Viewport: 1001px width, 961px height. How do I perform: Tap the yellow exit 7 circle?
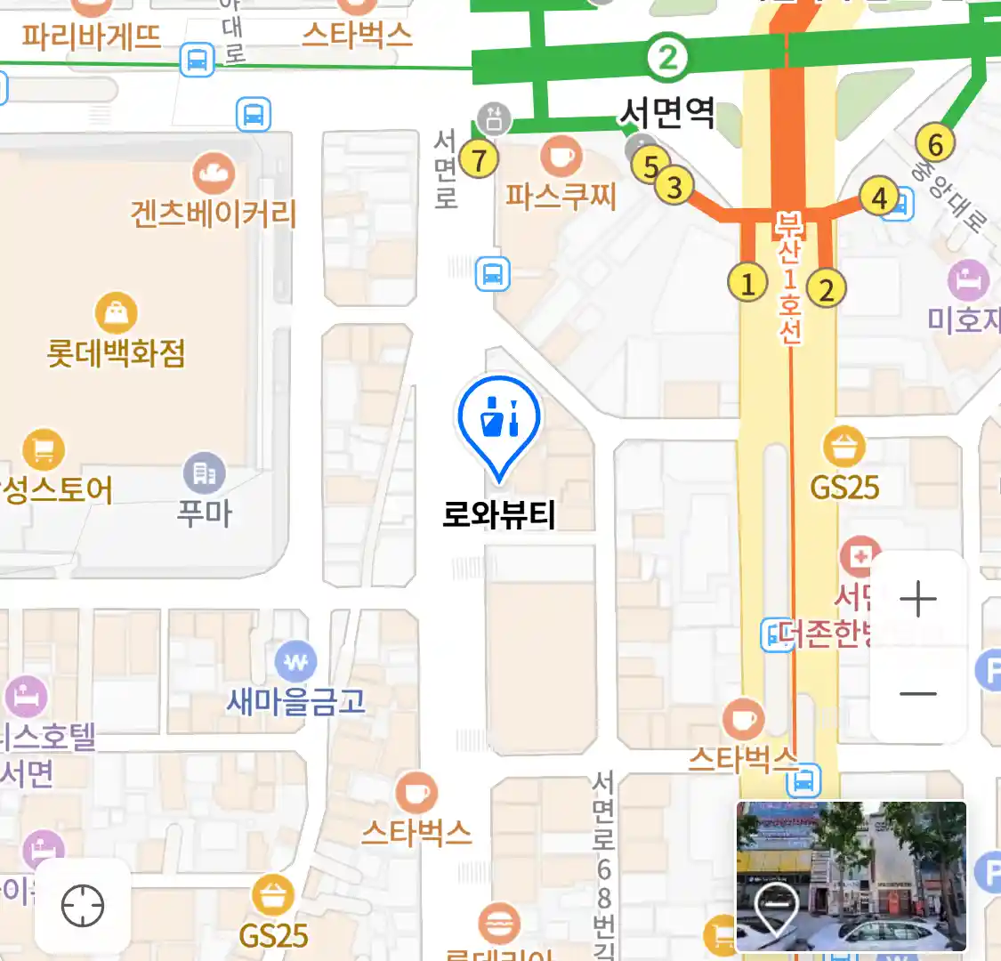tap(480, 160)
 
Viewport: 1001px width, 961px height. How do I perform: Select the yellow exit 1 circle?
tap(747, 283)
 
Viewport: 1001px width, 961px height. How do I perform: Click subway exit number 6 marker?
tap(935, 143)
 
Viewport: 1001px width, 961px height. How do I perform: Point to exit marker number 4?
tap(879, 197)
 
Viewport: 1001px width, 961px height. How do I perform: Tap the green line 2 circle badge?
tap(667, 59)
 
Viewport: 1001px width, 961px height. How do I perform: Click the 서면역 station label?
tap(667, 113)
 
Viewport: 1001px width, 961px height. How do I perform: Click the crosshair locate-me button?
tap(83, 907)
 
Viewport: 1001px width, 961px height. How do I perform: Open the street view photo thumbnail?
tap(851, 876)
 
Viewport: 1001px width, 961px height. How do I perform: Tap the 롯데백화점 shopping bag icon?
tap(116, 313)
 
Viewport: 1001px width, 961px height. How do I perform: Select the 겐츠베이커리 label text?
tap(213, 214)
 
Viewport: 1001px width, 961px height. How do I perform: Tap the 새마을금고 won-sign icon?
tap(296, 662)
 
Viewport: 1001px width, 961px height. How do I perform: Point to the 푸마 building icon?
tap(204, 473)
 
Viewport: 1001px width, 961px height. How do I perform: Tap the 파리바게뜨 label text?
tap(92, 37)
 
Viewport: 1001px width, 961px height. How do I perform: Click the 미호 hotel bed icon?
tap(968, 280)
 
